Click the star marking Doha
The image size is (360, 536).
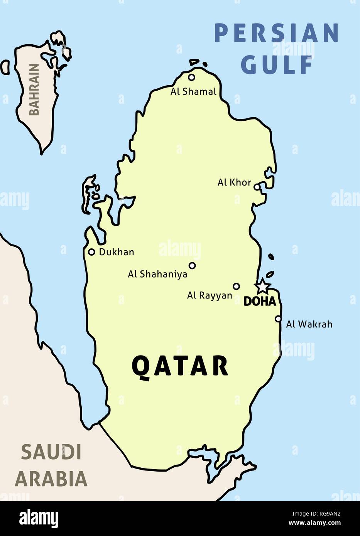(262, 286)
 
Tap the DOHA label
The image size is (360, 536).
(260, 302)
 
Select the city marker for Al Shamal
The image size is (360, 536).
(191, 78)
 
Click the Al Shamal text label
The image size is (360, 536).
(194, 92)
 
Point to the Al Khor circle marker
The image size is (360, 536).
(257, 187)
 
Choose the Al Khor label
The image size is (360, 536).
(234, 182)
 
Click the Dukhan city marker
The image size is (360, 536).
(91, 252)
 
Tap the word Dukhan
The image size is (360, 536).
(117, 252)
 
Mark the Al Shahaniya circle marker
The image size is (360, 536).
(192, 265)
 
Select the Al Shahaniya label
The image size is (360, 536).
(157, 274)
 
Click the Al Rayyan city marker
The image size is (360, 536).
(237, 286)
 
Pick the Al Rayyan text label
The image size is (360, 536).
(210, 296)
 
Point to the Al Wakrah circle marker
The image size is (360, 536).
(278, 319)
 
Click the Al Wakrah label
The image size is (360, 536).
(309, 324)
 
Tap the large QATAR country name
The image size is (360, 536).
(180, 366)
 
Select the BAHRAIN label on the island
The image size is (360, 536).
(34, 90)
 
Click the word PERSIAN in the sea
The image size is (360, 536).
(276, 33)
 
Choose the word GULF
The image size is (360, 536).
(276, 64)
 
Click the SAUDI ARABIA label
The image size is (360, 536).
(51, 465)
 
